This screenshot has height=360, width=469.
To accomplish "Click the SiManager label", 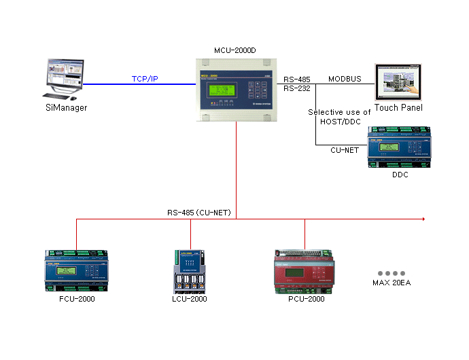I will pyautogui.click(x=67, y=107).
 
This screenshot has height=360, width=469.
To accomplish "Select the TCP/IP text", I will pyautogui.click(x=145, y=79).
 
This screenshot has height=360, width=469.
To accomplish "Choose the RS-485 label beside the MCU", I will pyautogui.click(x=297, y=79).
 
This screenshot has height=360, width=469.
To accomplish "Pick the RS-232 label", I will pyautogui.click(x=297, y=88).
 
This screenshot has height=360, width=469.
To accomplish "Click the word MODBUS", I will pyautogui.click(x=345, y=79).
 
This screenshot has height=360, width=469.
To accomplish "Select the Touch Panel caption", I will pyautogui.click(x=398, y=107).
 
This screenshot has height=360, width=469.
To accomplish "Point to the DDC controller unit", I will pyautogui.click(x=399, y=150).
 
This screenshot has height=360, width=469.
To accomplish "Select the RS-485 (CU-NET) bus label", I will pyautogui.click(x=199, y=213).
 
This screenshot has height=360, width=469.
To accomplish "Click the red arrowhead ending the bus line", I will pyautogui.click(x=423, y=219).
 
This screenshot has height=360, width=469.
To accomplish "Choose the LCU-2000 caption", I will pyautogui.click(x=190, y=299).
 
